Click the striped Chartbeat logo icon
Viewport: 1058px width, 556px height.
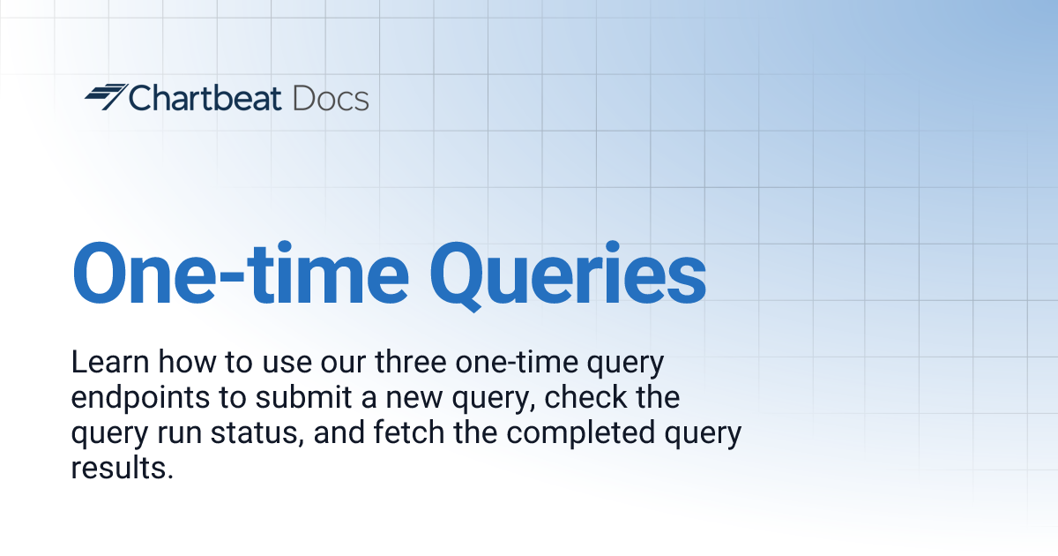(x=105, y=97)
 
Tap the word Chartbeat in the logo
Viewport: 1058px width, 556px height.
(x=205, y=98)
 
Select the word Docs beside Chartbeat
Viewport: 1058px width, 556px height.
(x=331, y=98)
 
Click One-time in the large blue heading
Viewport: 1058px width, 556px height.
(x=240, y=273)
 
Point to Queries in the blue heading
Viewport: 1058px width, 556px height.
(x=572, y=273)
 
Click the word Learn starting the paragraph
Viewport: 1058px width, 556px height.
(x=103, y=362)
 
